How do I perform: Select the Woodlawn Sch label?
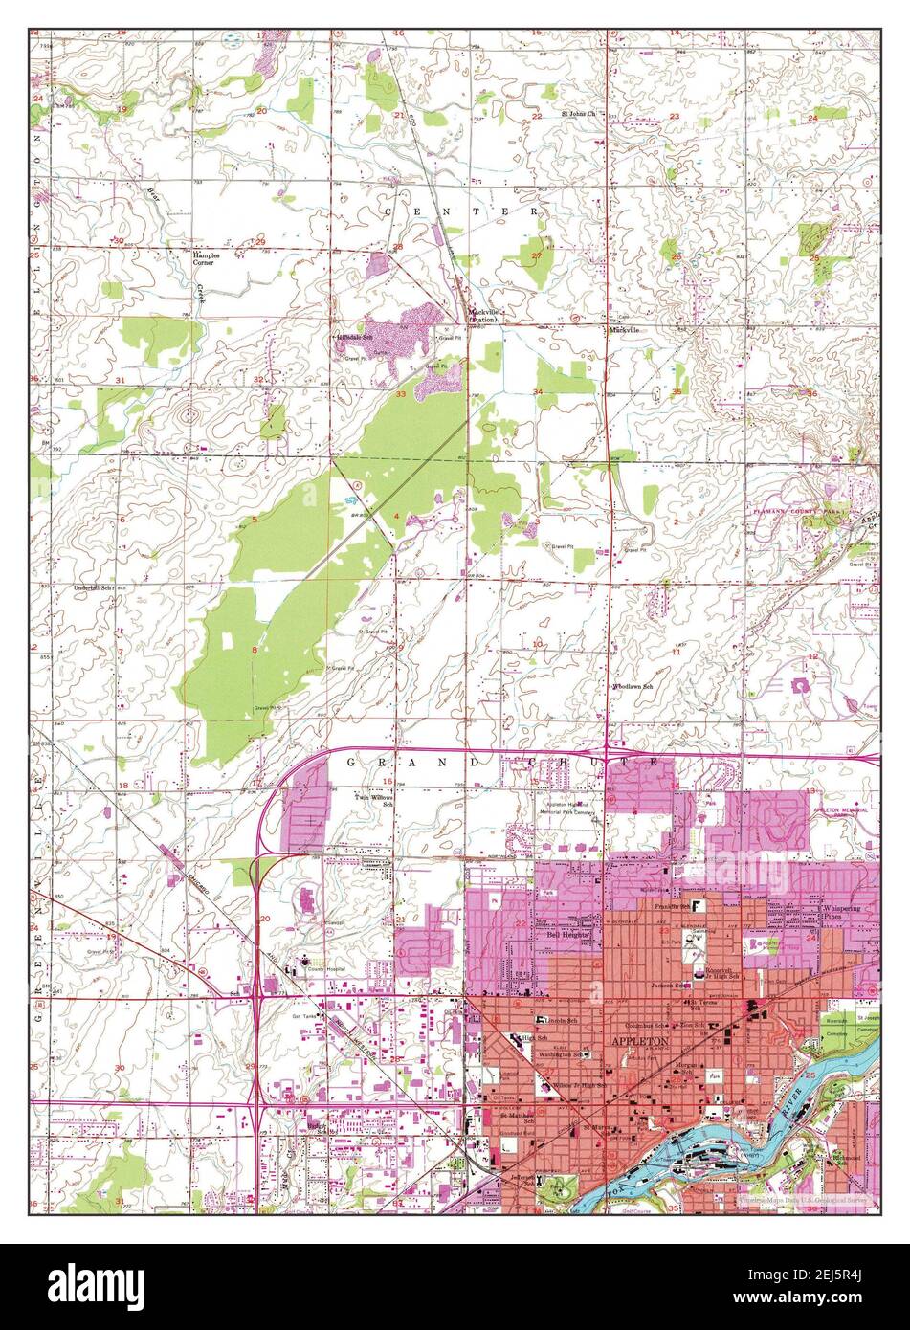click(633, 686)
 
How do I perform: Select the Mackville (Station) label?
click(482, 315)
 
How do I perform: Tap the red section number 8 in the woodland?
click(254, 650)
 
